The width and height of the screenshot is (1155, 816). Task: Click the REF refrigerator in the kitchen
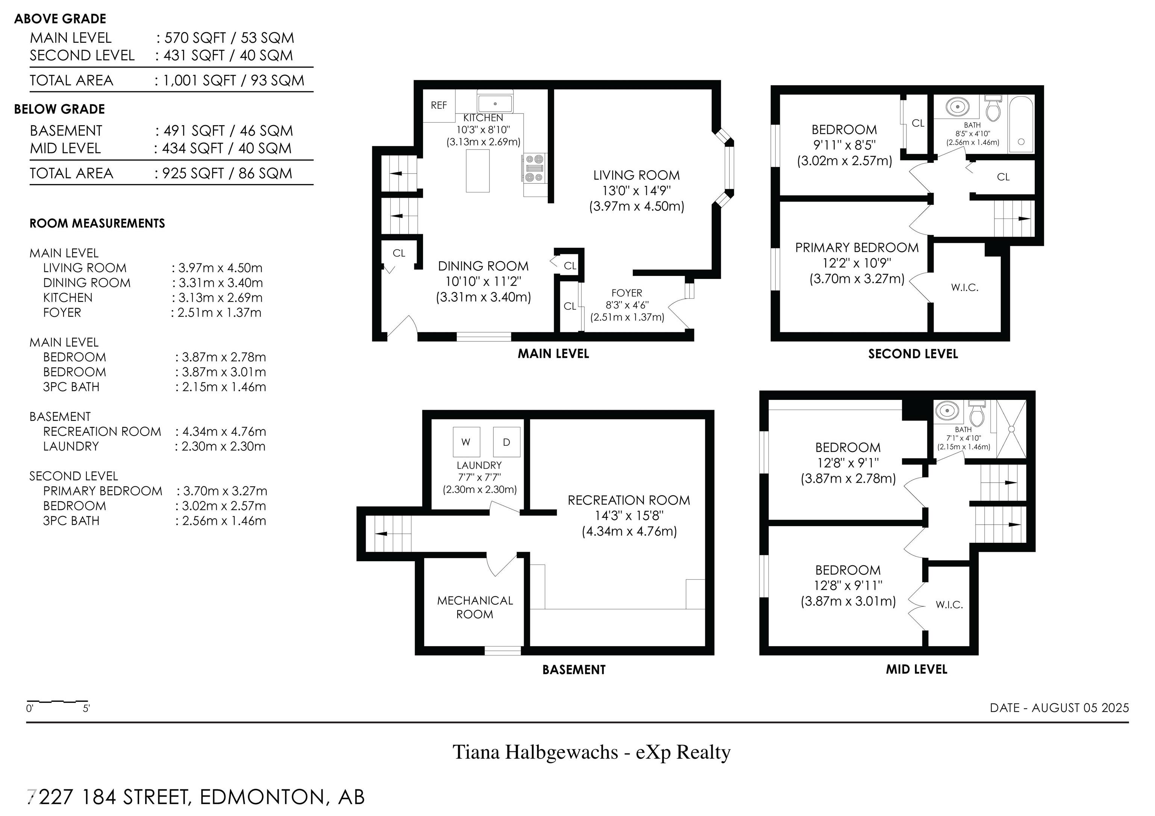439,105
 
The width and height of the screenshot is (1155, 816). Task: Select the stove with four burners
535,168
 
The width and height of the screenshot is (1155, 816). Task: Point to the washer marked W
466,442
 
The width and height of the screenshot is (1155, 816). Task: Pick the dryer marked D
506,442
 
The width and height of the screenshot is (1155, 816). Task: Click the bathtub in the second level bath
1021,123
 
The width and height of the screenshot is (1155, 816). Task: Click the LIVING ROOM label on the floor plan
637,176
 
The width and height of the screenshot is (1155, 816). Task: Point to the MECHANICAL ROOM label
475,607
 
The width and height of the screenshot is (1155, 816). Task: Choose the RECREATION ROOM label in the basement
629,500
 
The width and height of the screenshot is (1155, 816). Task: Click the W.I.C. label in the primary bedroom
964,288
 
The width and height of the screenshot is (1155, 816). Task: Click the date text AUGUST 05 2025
1081,708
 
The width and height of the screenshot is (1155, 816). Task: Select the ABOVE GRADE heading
61,19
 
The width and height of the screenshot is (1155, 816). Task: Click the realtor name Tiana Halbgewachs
535,752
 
